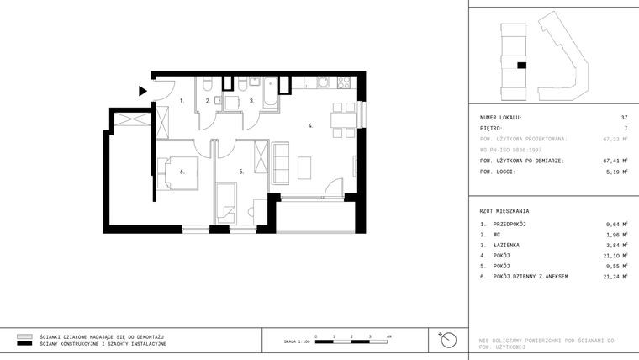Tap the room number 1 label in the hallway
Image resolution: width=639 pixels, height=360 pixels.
(182, 100)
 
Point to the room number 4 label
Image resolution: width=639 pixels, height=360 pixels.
(310, 126)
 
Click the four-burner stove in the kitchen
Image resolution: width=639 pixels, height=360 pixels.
(343, 82)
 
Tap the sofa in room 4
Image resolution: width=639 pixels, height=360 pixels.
(281, 163)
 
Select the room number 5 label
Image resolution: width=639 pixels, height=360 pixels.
(241, 172)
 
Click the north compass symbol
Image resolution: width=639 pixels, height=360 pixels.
(449, 340)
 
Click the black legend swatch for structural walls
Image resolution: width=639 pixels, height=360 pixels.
(24, 344)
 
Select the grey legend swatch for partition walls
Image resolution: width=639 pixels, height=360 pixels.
(24, 336)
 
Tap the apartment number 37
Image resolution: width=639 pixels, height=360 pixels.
(624, 117)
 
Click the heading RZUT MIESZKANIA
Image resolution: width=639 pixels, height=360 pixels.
(504, 211)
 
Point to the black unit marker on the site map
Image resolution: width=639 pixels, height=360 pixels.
(521, 65)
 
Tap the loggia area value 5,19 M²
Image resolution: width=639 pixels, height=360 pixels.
(617, 172)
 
